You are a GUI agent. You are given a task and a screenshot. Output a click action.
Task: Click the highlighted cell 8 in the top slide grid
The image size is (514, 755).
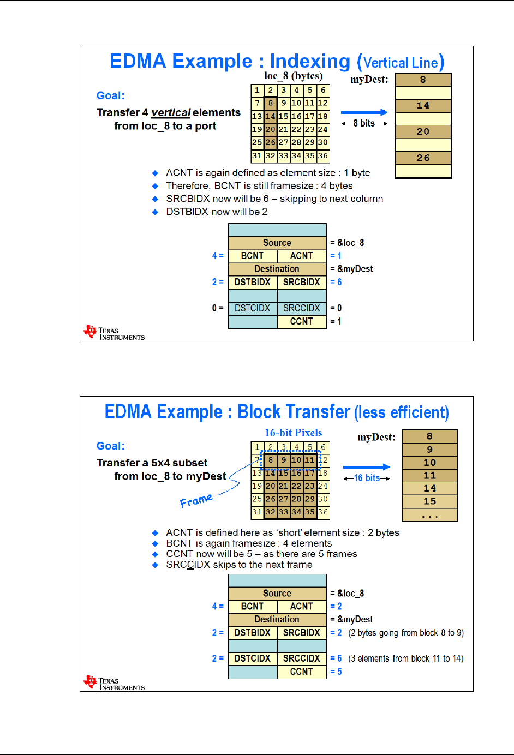270,103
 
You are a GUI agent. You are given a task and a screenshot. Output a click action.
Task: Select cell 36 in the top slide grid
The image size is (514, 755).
323,155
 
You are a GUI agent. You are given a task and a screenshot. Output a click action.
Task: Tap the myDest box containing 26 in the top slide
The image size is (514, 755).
423,158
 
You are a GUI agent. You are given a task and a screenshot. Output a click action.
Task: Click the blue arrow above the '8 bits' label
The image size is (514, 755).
364,112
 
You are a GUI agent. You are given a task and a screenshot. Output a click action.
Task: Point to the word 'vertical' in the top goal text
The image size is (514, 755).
171,112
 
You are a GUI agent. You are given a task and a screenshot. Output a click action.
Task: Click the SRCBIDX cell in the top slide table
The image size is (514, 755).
302,282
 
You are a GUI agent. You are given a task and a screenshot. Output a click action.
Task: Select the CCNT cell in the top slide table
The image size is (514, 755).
302,321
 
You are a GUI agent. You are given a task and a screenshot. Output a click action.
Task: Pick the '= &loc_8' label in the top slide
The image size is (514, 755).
347,243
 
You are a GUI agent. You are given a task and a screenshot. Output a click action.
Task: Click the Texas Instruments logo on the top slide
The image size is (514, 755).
113,333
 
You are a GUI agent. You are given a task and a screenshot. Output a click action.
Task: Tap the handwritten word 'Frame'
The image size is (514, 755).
196,500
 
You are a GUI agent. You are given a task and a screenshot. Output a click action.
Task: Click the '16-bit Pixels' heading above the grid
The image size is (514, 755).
293,433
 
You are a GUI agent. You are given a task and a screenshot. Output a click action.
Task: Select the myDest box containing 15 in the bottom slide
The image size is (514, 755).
429,501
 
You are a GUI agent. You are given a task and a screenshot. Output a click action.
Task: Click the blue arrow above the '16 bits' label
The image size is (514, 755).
366,467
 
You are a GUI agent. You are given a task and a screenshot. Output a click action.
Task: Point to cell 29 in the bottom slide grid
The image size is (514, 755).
310,499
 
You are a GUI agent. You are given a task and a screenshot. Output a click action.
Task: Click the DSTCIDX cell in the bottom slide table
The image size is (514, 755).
253,658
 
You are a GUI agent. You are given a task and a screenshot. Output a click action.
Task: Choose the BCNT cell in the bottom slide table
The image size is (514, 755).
253,606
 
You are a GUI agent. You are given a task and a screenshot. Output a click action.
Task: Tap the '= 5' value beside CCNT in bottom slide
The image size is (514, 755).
336,672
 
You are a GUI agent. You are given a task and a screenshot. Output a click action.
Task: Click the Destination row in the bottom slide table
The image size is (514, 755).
277,619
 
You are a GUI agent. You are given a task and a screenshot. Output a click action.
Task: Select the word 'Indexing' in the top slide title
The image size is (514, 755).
310,61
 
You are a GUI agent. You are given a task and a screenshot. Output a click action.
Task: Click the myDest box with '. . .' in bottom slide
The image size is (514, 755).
429,515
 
